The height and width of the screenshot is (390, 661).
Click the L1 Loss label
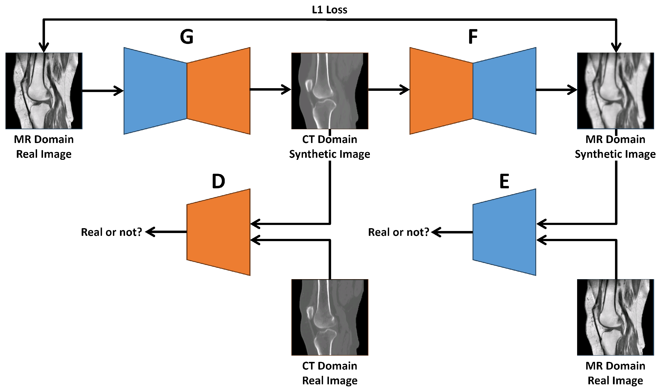coord(329,10)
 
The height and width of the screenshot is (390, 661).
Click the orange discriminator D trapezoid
coord(218,232)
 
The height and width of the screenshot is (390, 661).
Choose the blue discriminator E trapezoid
coord(504,232)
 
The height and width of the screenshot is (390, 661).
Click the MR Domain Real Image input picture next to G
coord(44,91)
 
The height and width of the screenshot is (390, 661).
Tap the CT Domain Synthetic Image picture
coord(329,91)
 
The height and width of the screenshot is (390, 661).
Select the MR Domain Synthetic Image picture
coord(615,91)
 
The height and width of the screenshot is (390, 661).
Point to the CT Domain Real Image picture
coord(329,317)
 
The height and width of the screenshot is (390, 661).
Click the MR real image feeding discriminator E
coord(615,317)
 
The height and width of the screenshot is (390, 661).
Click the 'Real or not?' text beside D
coord(111,232)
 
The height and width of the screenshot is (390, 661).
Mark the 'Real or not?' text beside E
coord(399,232)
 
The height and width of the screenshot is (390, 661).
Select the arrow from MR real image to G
coord(103,91)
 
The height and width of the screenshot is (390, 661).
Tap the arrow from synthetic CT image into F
coord(389,90)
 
